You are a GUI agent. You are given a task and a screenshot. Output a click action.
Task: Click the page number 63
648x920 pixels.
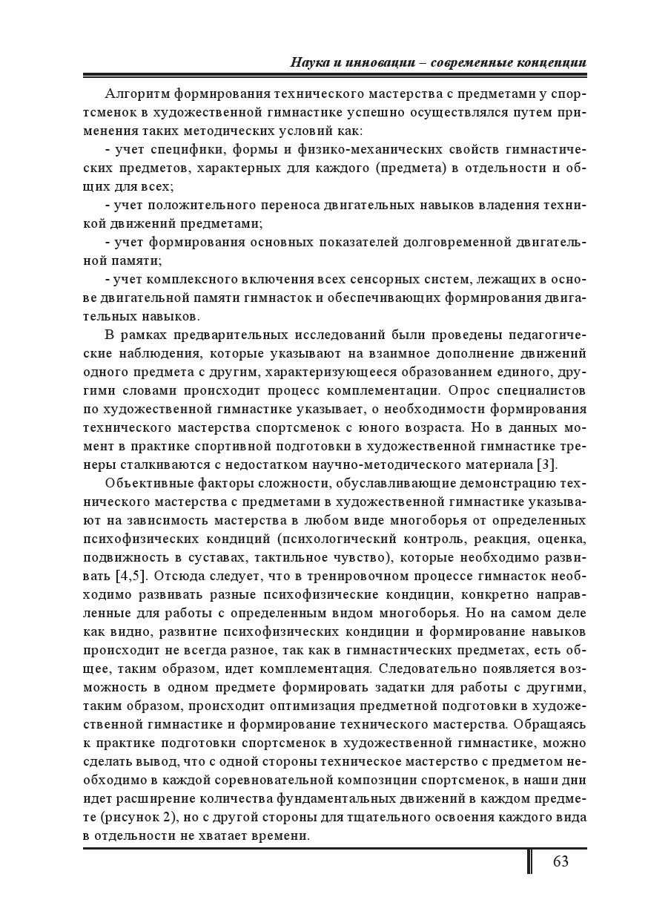point(560,861)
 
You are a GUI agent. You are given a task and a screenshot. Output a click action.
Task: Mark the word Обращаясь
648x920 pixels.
point(549,724)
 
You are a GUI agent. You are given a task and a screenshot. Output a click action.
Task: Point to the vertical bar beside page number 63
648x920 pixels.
point(529,861)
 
